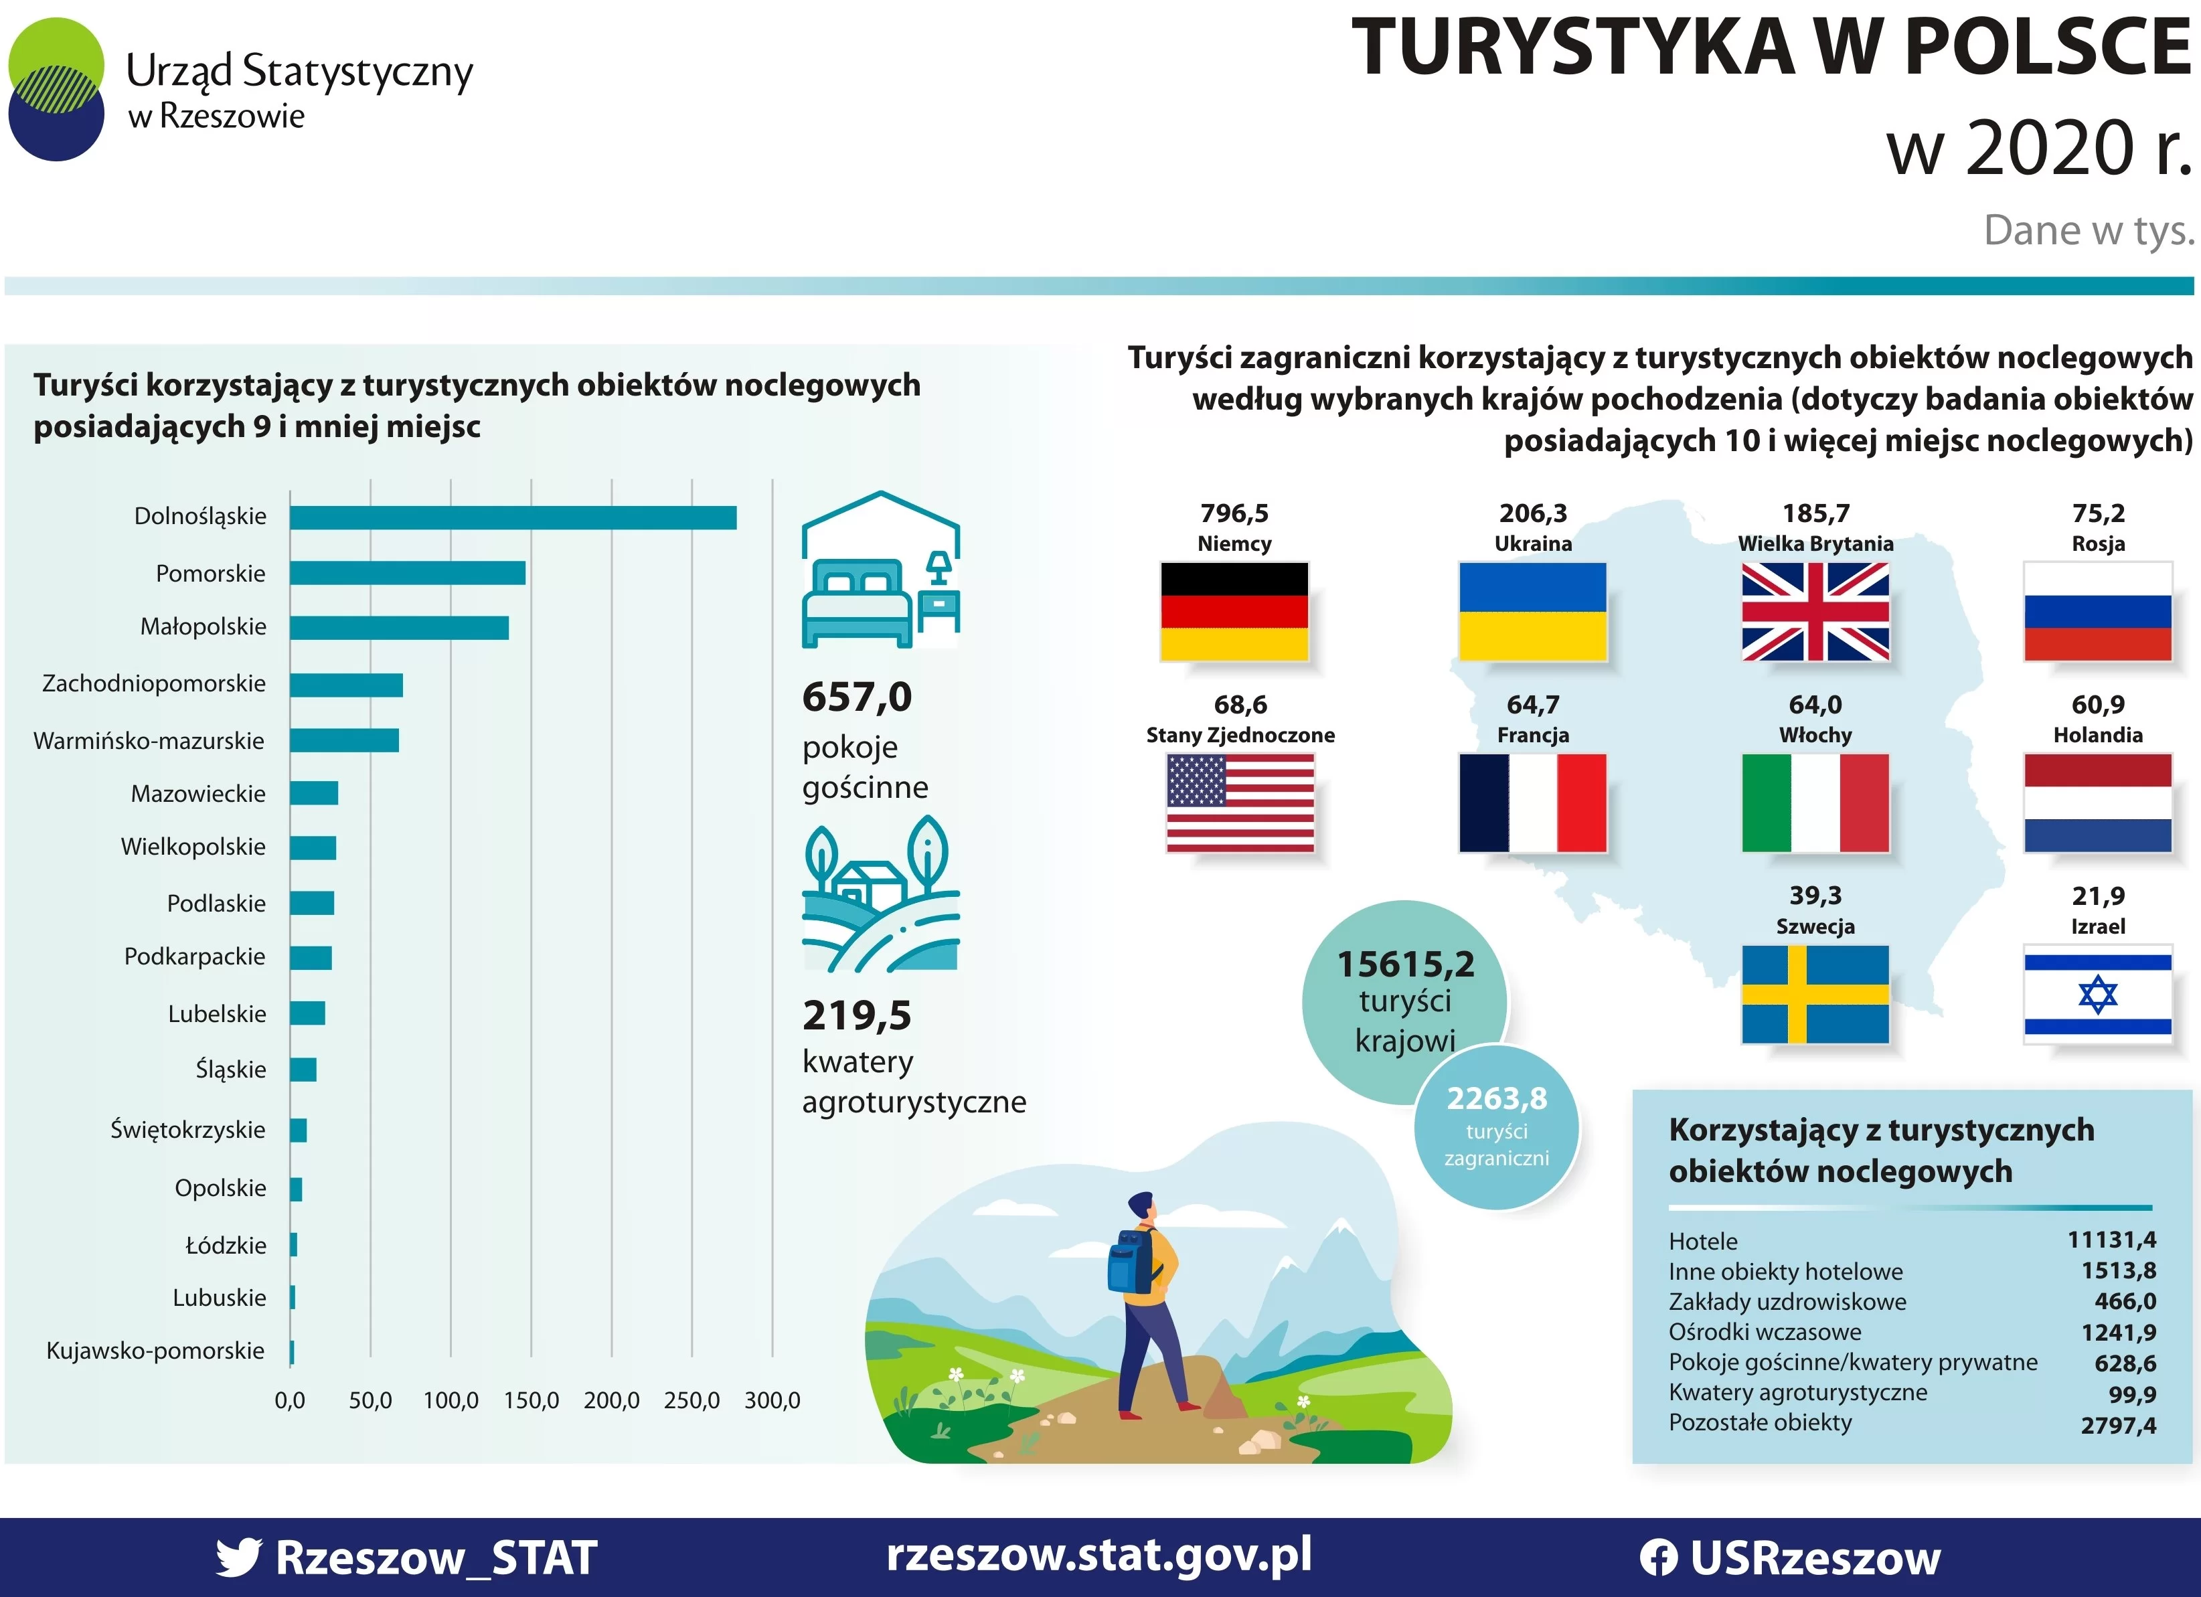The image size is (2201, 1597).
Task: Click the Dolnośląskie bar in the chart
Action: coord(512,517)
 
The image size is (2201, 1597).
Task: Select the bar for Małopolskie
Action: coord(399,628)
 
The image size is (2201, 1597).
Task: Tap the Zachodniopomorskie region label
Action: coord(153,684)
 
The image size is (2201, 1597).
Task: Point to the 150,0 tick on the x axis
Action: coord(531,1400)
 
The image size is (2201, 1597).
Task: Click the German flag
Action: coord(1234,612)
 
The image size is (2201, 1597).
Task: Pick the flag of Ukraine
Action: coord(1532,612)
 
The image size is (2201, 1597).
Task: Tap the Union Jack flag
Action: coord(1815,612)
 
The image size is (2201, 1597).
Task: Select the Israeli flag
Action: coord(2097,995)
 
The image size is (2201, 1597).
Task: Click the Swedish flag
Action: coord(1815,995)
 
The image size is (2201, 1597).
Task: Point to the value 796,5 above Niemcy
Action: coord(1234,513)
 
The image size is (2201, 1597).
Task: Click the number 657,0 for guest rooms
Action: coord(857,697)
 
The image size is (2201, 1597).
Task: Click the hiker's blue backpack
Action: coord(1131,1261)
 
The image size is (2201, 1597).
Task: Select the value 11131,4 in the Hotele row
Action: coord(2111,1240)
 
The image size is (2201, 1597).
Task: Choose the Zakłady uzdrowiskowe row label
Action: coord(1787,1302)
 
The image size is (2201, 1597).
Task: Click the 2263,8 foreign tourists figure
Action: coord(1496,1099)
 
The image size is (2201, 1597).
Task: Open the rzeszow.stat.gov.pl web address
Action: coord(1098,1556)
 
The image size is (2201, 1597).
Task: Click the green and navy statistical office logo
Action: coord(56,89)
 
